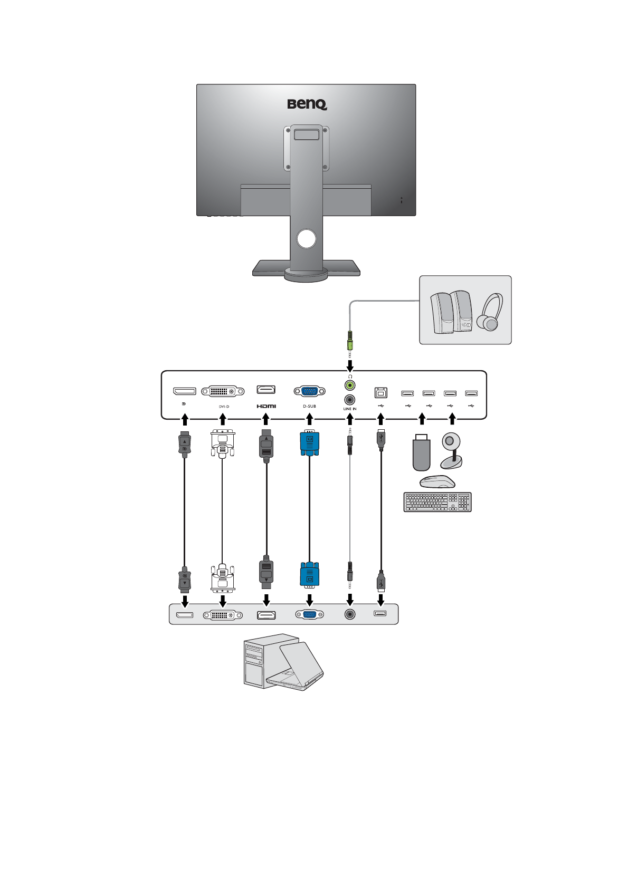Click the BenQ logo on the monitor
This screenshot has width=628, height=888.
307,104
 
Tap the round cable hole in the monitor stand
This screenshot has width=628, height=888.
306,239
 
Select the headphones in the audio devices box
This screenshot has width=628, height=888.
490,312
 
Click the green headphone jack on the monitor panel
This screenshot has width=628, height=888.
349,385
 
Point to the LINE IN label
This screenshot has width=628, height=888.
349,409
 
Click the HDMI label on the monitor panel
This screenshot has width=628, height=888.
266,406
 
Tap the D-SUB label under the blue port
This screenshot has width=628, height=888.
309,407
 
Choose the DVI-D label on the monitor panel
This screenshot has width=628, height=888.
224,407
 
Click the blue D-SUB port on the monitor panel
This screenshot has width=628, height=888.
309,391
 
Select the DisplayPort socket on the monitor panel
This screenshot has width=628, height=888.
185,391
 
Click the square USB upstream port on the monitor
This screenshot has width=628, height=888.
381,392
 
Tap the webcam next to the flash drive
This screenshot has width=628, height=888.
451,451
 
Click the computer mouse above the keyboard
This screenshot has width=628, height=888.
437,481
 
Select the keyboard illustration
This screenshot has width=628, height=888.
437,502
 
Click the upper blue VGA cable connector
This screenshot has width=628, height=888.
309,443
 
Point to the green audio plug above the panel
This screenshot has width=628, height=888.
349,342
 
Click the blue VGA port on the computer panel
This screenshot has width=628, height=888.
309,614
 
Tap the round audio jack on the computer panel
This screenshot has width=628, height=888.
349,614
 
